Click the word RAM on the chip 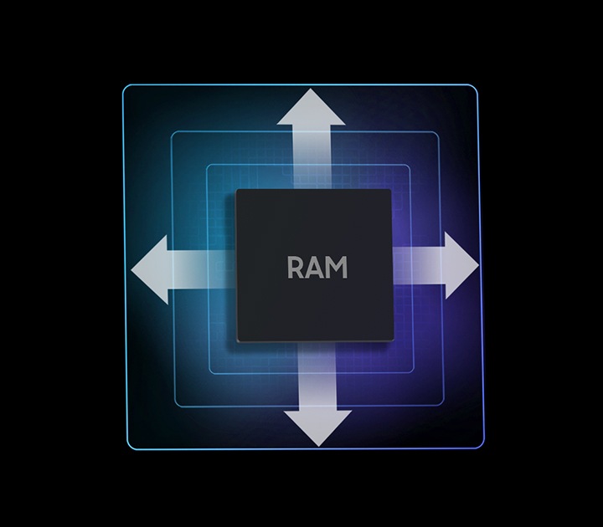coord(317,269)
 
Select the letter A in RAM coord(315,269)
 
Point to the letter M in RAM coord(336,269)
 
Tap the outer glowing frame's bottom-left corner coord(126,448)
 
